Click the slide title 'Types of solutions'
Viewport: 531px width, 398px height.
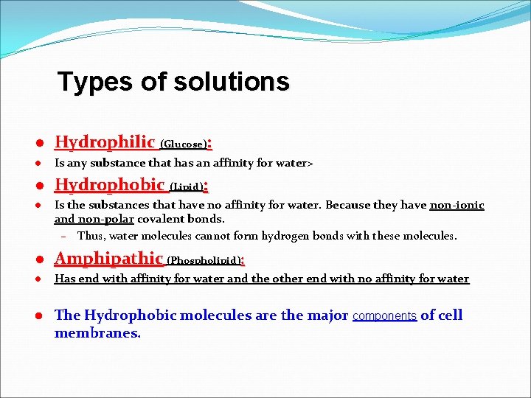(x=173, y=82)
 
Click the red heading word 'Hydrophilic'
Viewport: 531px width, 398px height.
(x=105, y=142)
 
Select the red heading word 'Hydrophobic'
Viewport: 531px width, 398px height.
(x=110, y=184)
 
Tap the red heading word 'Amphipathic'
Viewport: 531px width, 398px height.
(x=109, y=258)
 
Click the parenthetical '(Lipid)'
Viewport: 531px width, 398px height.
(x=186, y=186)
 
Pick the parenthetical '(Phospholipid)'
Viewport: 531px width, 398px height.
(x=204, y=260)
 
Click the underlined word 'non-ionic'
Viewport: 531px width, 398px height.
(x=457, y=205)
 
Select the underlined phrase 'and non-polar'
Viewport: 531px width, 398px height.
(x=94, y=219)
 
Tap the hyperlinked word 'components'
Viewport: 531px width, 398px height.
(x=384, y=316)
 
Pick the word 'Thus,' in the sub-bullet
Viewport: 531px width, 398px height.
(x=91, y=237)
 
